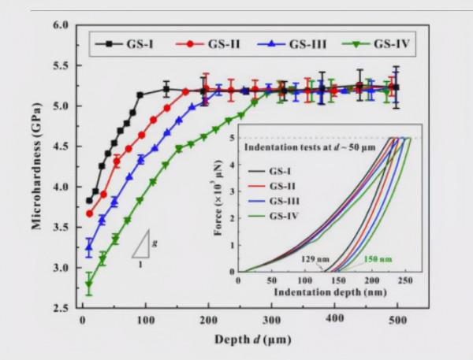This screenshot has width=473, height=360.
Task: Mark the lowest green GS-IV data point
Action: [89, 284]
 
